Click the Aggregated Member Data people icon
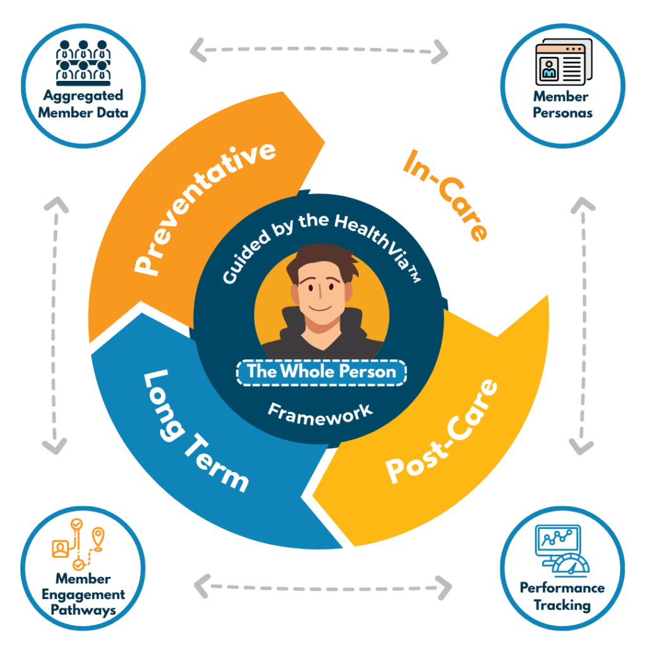click(x=83, y=63)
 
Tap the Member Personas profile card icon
click(x=564, y=62)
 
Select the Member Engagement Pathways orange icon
click(x=78, y=544)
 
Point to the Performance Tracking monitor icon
click(x=562, y=551)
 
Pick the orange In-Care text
click(x=445, y=195)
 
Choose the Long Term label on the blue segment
click(x=196, y=431)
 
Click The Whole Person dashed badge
click(x=322, y=373)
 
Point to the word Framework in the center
click(x=320, y=414)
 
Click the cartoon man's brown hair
click(x=323, y=262)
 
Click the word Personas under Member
click(x=563, y=112)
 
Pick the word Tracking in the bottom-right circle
click(x=562, y=605)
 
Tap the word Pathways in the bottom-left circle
click(x=83, y=610)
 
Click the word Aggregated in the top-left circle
click(x=83, y=96)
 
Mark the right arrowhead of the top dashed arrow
click(x=440, y=52)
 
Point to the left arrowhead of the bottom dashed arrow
click(x=202, y=586)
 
